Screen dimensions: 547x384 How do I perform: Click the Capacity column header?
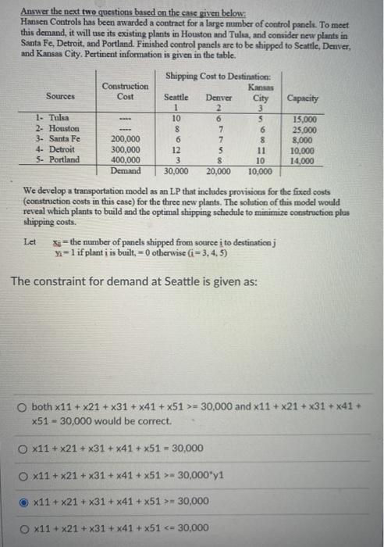tap(302, 99)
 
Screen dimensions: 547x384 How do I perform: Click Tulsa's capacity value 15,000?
tap(302, 117)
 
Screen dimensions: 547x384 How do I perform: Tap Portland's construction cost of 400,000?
tap(125, 159)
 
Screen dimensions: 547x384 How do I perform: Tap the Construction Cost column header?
tap(125, 91)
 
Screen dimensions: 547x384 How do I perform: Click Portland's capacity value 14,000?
tap(302, 159)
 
